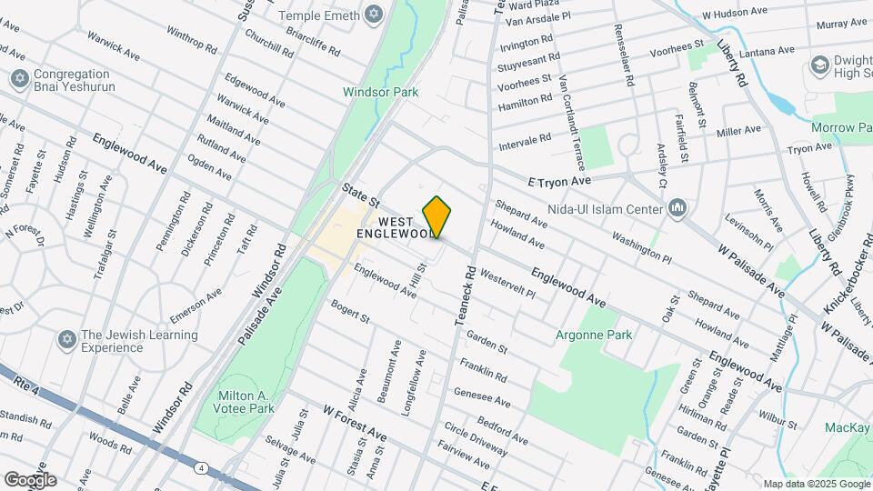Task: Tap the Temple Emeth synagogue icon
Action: pyautogui.click(x=372, y=15)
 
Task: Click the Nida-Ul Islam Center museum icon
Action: pyautogui.click(x=677, y=210)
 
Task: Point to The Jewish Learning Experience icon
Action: pyautogui.click(x=65, y=341)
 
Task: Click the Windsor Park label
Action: pyautogui.click(x=380, y=92)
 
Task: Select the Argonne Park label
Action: pyautogui.click(x=594, y=335)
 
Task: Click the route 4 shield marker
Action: pyautogui.click(x=200, y=468)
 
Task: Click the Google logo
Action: pyautogui.click(x=30, y=479)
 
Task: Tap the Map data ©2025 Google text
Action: pyautogui.click(x=816, y=484)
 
